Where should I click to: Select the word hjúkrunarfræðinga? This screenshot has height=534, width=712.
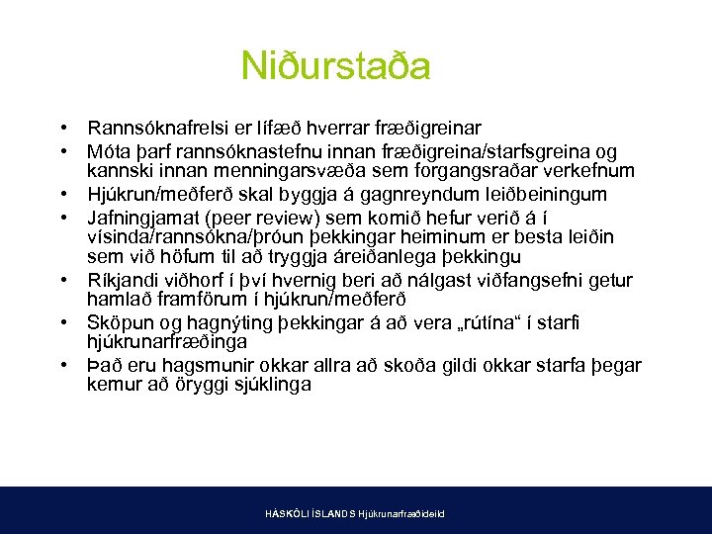point(165,343)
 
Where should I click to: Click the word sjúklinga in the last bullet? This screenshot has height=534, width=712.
point(266,386)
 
